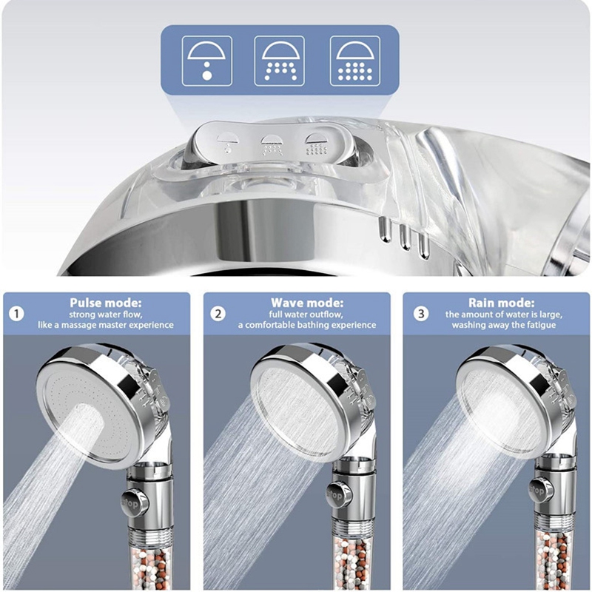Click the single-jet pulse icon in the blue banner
207,61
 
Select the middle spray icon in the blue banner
280,61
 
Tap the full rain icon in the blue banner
355,61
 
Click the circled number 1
16,314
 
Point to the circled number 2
218,314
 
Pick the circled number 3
421,314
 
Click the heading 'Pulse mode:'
106,303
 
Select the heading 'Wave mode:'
307,303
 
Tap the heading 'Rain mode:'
502,303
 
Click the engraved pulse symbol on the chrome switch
228,143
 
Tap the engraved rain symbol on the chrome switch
317,144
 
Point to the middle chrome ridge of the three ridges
405,237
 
